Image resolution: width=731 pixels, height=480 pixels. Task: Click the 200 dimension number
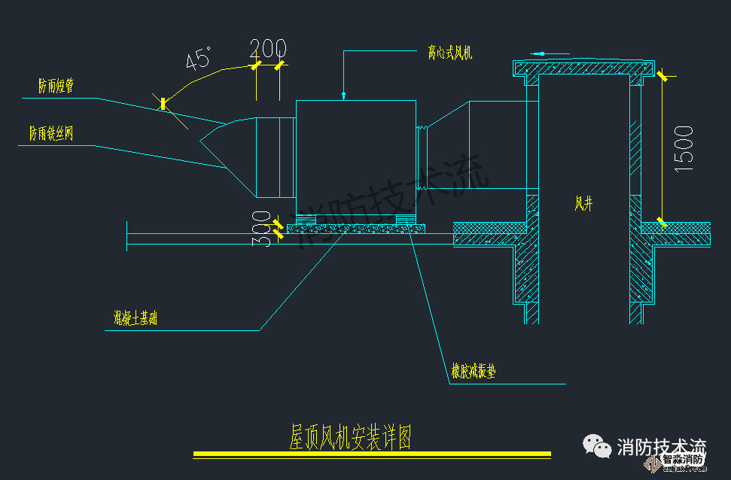pos(268,48)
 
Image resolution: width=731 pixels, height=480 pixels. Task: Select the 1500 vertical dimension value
pos(683,149)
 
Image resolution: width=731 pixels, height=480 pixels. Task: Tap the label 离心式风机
pos(449,53)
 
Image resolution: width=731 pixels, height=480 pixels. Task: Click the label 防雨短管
pos(56,86)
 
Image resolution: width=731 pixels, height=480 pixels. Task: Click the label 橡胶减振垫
pos(474,372)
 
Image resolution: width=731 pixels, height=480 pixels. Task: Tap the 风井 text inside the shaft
pos(583,202)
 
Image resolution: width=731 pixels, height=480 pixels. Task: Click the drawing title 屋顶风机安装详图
pos(351,436)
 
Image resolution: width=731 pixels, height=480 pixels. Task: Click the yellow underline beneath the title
pos(372,454)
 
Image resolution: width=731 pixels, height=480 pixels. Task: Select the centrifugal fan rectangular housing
pos(355,157)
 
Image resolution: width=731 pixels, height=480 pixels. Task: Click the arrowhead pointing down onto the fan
pos(343,96)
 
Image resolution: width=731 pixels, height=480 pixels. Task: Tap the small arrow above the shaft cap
pos(544,53)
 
